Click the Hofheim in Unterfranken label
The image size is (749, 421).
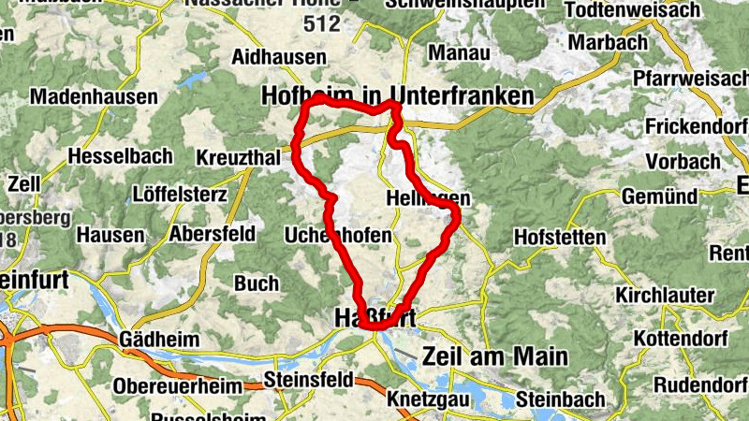coord(398,95)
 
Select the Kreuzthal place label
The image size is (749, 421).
coord(239,159)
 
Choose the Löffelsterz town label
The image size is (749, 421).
coord(180,196)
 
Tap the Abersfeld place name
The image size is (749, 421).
coord(213,234)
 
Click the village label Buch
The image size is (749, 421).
coord(256,283)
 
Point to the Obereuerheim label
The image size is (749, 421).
coord(176,385)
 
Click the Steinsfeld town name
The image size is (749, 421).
coord(308,380)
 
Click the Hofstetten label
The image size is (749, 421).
coord(560,238)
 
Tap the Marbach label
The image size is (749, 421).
coord(608,43)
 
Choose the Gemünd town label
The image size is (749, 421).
coord(659,196)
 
